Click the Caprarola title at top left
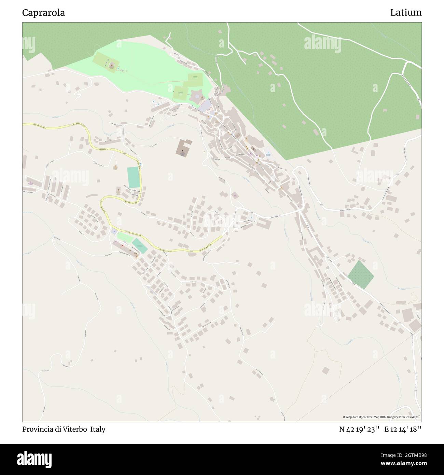click(x=43, y=13)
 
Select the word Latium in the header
click(x=406, y=13)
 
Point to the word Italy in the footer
click(x=98, y=429)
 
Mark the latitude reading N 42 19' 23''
click(x=359, y=429)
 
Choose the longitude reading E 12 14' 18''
click(x=403, y=429)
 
